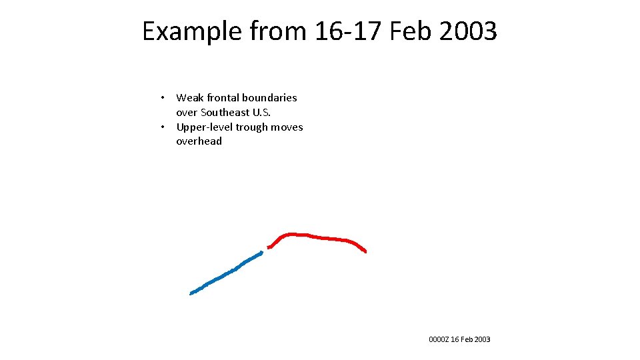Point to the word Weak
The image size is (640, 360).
coord(189,98)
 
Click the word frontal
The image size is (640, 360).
coord(223,98)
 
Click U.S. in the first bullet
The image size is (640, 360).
coord(261,113)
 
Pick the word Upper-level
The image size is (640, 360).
coord(204,127)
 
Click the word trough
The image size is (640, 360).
coord(252,127)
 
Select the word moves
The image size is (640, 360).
coord(287,127)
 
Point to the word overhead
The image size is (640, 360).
coord(199,141)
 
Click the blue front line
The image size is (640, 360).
coord(225,273)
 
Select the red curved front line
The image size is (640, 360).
coord(320,237)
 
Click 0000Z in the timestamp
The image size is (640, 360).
coord(439,340)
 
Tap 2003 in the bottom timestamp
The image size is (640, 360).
coord(482,340)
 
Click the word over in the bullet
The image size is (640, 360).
coord(187,113)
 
